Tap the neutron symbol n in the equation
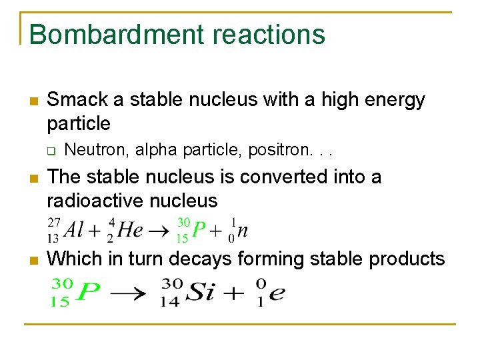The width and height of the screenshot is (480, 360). coord(243,231)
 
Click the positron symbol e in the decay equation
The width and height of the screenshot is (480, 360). coord(276,293)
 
